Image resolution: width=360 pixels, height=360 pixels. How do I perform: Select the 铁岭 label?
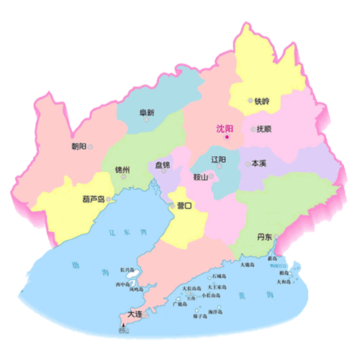pos(263,102)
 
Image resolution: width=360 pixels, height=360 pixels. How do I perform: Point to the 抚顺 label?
pos(264,130)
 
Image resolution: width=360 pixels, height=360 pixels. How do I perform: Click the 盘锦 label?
pos(163,166)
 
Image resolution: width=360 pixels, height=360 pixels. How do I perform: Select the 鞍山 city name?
pos(200,177)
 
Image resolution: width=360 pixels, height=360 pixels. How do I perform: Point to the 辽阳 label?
pos(218,159)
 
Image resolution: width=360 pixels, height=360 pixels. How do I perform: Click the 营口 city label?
pos(184,206)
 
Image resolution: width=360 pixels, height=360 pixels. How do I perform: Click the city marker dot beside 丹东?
pos(276,237)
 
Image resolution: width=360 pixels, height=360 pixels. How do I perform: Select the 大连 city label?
pos(134,315)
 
